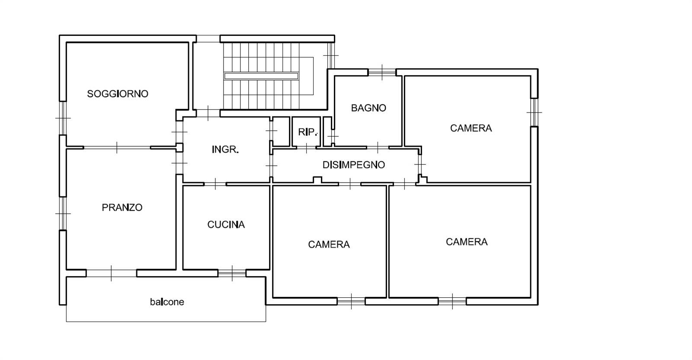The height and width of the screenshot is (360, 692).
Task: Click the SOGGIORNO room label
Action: [x=118, y=93]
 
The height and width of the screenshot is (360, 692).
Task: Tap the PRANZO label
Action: [x=122, y=207]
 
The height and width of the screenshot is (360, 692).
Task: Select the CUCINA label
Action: [x=226, y=225]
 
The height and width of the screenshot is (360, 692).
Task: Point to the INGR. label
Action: [x=225, y=150]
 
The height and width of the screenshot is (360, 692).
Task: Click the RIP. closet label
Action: [x=308, y=132]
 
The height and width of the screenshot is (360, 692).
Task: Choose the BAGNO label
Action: [x=368, y=108]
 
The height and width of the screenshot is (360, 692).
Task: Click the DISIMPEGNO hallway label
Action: [x=354, y=165]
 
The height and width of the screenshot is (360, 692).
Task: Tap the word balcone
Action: [x=167, y=302]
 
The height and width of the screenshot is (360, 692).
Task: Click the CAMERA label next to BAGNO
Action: [x=471, y=128]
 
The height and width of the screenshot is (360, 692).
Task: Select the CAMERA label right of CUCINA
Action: [x=329, y=244]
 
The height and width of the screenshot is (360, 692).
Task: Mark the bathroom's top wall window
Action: [x=382, y=72]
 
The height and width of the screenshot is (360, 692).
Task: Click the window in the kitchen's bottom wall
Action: [x=232, y=273]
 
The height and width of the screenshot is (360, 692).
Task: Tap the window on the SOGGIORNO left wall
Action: [x=63, y=118]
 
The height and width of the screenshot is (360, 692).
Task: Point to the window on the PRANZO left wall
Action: [x=63, y=213]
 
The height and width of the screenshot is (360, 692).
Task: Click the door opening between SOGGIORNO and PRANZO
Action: [x=117, y=148]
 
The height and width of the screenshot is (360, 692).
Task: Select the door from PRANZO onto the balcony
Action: [x=111, y=273]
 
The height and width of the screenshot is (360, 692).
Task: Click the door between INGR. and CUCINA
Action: [x=215, y=184]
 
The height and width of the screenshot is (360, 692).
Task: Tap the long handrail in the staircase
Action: [x=261, y=76]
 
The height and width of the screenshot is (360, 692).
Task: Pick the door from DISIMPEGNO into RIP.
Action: [x=306, y=148]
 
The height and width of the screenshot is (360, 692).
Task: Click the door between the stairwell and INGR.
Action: [x=208, y=113]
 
